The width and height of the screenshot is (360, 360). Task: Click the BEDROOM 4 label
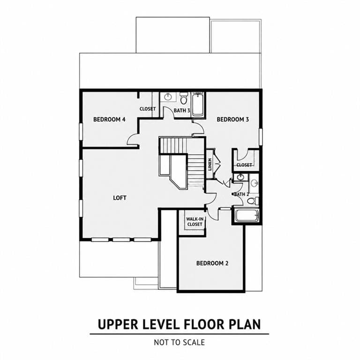(x=109, y=120)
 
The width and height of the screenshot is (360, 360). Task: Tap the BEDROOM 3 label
(x=233, y=120)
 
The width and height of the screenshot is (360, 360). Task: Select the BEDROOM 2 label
(x=212, y=263)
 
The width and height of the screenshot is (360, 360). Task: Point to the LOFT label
(x=120, y=198)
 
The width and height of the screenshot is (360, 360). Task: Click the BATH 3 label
(x=182, y=111)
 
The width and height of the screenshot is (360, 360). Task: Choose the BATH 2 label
(x=241, y=194)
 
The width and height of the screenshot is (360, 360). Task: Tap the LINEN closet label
(x=210, y=165)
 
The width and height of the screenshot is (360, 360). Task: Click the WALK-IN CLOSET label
(x=195, y=222)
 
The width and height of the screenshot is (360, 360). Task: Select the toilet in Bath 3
(x=183, y=98)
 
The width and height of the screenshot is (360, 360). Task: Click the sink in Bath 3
(x=168, y=97)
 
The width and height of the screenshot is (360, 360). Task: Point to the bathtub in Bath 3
(x=197, y=104)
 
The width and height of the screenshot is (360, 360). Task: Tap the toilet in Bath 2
(x=253, y=201)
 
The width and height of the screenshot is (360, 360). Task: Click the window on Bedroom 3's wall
(x=261, y=137)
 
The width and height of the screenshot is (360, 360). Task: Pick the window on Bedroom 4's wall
(x=81, y=132)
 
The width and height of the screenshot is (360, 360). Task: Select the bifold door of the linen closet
(x=217, y=164)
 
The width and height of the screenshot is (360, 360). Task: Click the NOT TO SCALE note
(x=180, y=342)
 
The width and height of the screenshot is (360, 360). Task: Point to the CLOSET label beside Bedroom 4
(x=148, y=109)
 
